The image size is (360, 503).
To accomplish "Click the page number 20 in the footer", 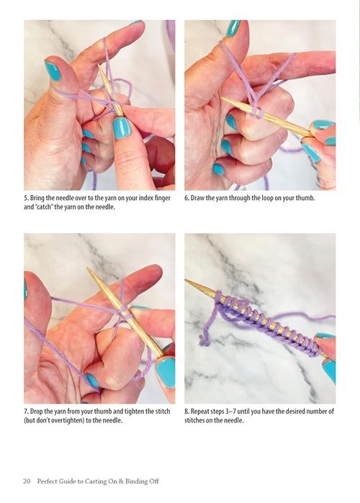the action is click(x=27, y=481).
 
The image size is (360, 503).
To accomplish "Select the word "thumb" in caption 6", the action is click(x=305, y=198).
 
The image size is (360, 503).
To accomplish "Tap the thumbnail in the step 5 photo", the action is click(x=53, y=71).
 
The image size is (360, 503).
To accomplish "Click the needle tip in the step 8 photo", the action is click(x=186, y=281).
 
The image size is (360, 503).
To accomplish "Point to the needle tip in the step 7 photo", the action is click(x=89, y=268).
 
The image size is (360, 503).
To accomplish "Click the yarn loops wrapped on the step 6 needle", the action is click(x=256, y=112).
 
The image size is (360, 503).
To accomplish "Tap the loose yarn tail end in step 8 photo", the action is click(x=204, y=341).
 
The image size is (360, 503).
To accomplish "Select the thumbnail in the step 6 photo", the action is click(x=233, y=28).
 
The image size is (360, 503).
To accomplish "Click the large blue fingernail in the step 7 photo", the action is click(x=166, y=372).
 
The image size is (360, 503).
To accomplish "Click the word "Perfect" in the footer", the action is click(x=48, y=481).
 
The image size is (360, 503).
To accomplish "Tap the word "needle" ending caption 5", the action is click(x=106, y=207).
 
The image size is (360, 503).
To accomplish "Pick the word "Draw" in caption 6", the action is click(x=197, y=198).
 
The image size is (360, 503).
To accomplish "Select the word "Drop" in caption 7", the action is click(x=37, y=412).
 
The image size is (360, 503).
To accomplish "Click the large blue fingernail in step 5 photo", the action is click(x=122, y=128).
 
